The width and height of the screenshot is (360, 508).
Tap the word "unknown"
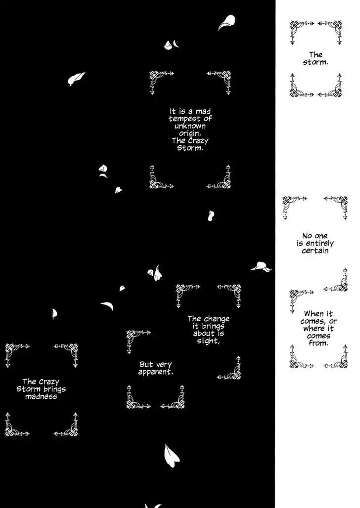coord(190,126)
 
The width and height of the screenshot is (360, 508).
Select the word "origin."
coord(190,133)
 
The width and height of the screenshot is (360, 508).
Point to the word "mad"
coord(203,112)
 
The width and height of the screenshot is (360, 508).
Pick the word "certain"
coord(315,251)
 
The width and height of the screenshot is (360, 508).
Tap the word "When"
coord(314,314)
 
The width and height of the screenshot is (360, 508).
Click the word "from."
coord(318,343)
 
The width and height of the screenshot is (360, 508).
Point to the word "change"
coord(217,319)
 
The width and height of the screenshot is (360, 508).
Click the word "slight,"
coord(208,341)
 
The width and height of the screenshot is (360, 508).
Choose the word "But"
coord(146,365)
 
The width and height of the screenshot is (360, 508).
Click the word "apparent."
coord(156,372)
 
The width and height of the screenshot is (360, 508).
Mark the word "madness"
coord(41,396)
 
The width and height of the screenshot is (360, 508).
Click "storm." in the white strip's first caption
coord(315,62)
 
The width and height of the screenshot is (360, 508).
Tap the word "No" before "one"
coord(307,236)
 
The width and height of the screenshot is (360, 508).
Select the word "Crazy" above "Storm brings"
coord(49,382)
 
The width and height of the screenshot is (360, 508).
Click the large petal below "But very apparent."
coord(171,456)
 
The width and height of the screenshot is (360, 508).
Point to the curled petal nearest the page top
coord(226,22)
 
